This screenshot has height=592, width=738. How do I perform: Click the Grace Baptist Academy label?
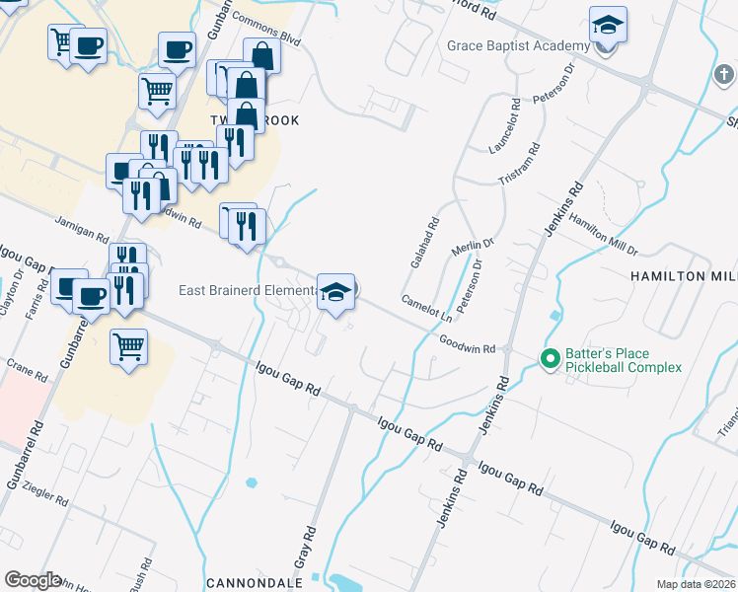[518, 45]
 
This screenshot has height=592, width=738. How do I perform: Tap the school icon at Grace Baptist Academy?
[609, 25]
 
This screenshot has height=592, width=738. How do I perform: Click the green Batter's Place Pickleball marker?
[550, 358]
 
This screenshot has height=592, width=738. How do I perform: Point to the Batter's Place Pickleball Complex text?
[623, 360]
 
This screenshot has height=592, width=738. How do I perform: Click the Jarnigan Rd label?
[82, 230]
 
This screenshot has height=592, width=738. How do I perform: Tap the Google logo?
[32, 580]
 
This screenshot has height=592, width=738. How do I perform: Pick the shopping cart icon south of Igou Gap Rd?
[128, 347]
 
